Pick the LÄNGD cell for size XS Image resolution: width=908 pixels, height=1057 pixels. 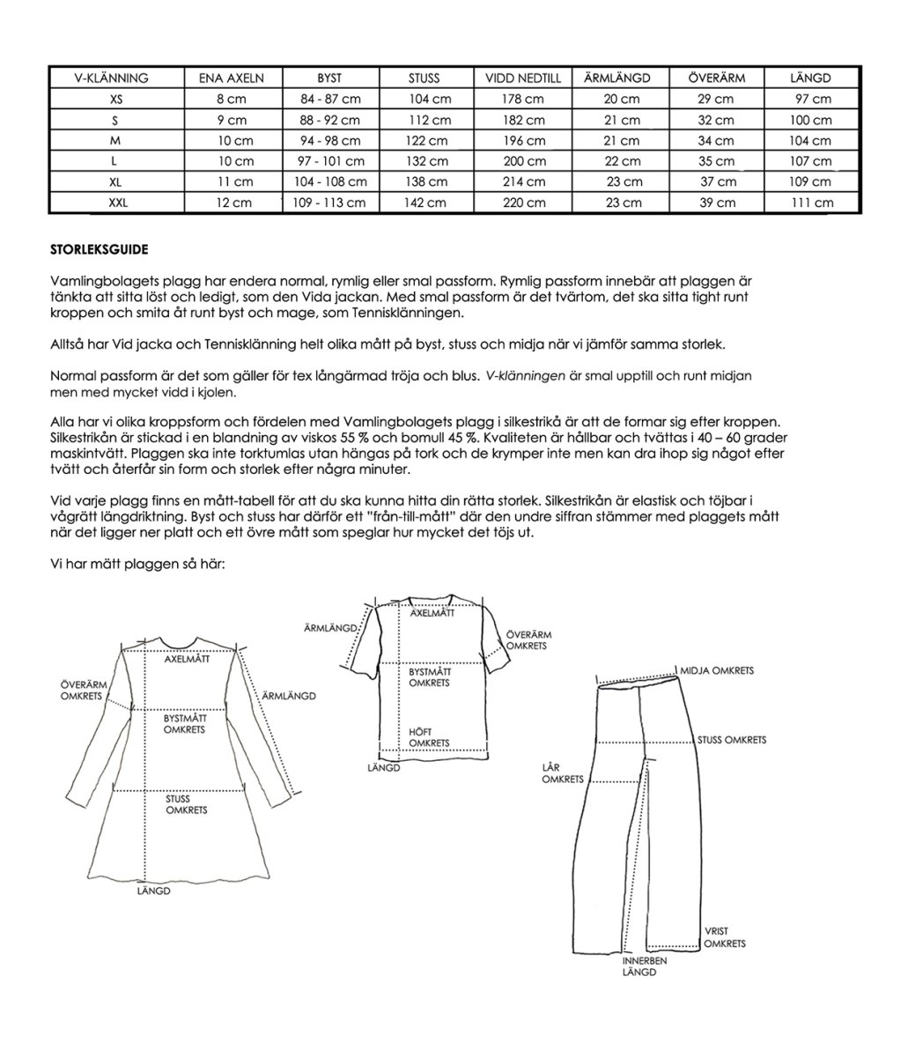(811, 100)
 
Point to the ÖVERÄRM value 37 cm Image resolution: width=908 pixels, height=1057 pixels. (718, 182)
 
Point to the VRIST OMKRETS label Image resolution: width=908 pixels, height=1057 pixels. (725, 937)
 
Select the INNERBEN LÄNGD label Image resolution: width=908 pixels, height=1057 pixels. (645, 966)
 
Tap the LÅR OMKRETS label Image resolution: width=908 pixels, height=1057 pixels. (562, 773)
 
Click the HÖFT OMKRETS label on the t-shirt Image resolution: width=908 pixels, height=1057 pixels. (430, 737)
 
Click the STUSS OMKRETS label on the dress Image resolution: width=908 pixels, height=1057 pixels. (186, 804)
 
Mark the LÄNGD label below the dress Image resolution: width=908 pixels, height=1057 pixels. (153, 891)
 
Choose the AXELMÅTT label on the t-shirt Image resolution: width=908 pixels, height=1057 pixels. (431, 613)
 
